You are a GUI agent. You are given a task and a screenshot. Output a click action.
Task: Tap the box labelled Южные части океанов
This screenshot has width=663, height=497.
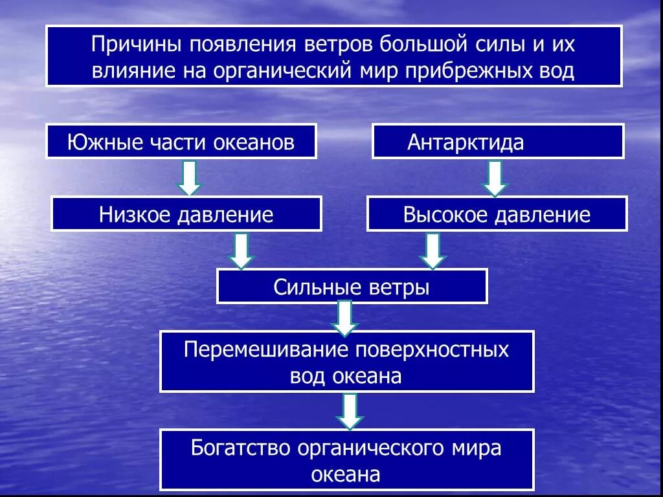coord(181,142)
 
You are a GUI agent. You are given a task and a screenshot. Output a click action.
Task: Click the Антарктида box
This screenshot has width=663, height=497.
coord(497,142)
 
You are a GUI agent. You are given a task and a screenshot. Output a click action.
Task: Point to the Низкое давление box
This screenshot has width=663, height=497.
coord(186,214)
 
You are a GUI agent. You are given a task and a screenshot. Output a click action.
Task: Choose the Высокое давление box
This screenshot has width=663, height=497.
coord(497,214)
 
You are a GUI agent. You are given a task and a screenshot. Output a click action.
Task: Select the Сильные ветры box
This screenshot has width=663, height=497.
coord(352,287)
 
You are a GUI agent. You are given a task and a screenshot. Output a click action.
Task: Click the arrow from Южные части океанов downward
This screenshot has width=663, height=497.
coord(188,177)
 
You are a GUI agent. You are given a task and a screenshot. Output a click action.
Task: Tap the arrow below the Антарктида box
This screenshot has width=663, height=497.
coord(495,178)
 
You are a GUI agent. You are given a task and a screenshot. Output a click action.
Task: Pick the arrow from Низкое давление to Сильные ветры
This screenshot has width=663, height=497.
coord(241,250)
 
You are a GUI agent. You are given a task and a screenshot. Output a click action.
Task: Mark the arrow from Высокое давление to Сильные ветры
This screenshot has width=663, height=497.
coord(433,250)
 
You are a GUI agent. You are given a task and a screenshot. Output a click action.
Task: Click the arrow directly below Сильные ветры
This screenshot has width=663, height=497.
coord(344,318)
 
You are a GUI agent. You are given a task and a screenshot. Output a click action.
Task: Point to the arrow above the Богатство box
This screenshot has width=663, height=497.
coord(350,411)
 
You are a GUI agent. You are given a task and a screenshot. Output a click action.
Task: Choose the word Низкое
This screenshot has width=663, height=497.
coord(133,215)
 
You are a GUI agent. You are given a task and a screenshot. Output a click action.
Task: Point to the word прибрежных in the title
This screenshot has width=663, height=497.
coord(458,70)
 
